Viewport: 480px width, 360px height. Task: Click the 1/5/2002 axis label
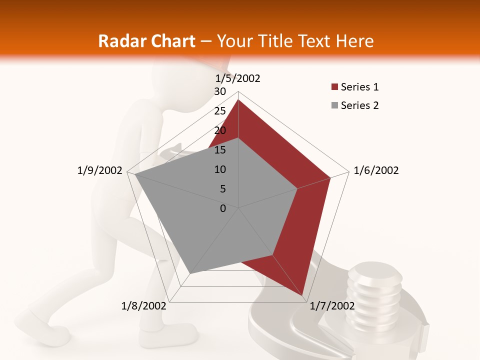238,78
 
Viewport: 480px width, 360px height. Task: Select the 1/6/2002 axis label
376,170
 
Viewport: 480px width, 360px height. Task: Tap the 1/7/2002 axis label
332,305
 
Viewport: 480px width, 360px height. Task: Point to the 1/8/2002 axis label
144,305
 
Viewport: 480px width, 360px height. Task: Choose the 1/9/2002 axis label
100,170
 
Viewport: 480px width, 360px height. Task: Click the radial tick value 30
220,91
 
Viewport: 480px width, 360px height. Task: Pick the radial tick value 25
220,111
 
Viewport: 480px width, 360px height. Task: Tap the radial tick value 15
220,150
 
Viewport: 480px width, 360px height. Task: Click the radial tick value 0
223,208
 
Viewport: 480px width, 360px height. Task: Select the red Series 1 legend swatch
334,87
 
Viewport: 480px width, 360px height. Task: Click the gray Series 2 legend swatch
334,106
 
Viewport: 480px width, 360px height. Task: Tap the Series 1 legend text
359,87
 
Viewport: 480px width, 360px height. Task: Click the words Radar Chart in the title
146,41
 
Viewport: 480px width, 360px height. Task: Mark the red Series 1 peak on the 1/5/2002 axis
238,100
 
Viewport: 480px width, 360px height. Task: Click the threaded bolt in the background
375,290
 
